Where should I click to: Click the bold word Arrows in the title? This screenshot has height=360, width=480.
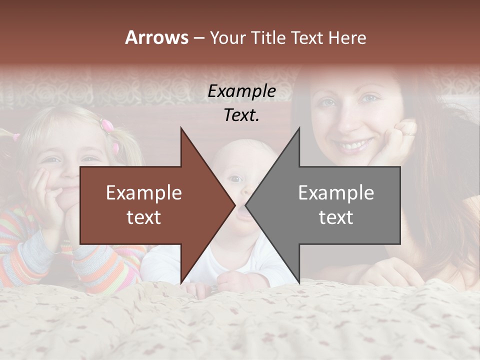coord(156,37)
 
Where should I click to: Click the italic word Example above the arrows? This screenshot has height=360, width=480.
coord(241,91)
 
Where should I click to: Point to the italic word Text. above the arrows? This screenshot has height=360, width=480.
coord(241,115)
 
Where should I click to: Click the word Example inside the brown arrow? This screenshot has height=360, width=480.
coord(143,193)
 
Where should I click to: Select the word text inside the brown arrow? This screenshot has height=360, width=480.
coord(143,217)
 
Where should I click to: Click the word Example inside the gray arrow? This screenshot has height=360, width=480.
coord(336,193)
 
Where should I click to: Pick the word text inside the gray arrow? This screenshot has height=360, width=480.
coord(336,217)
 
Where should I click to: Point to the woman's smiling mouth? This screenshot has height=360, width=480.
coord(353,145)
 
